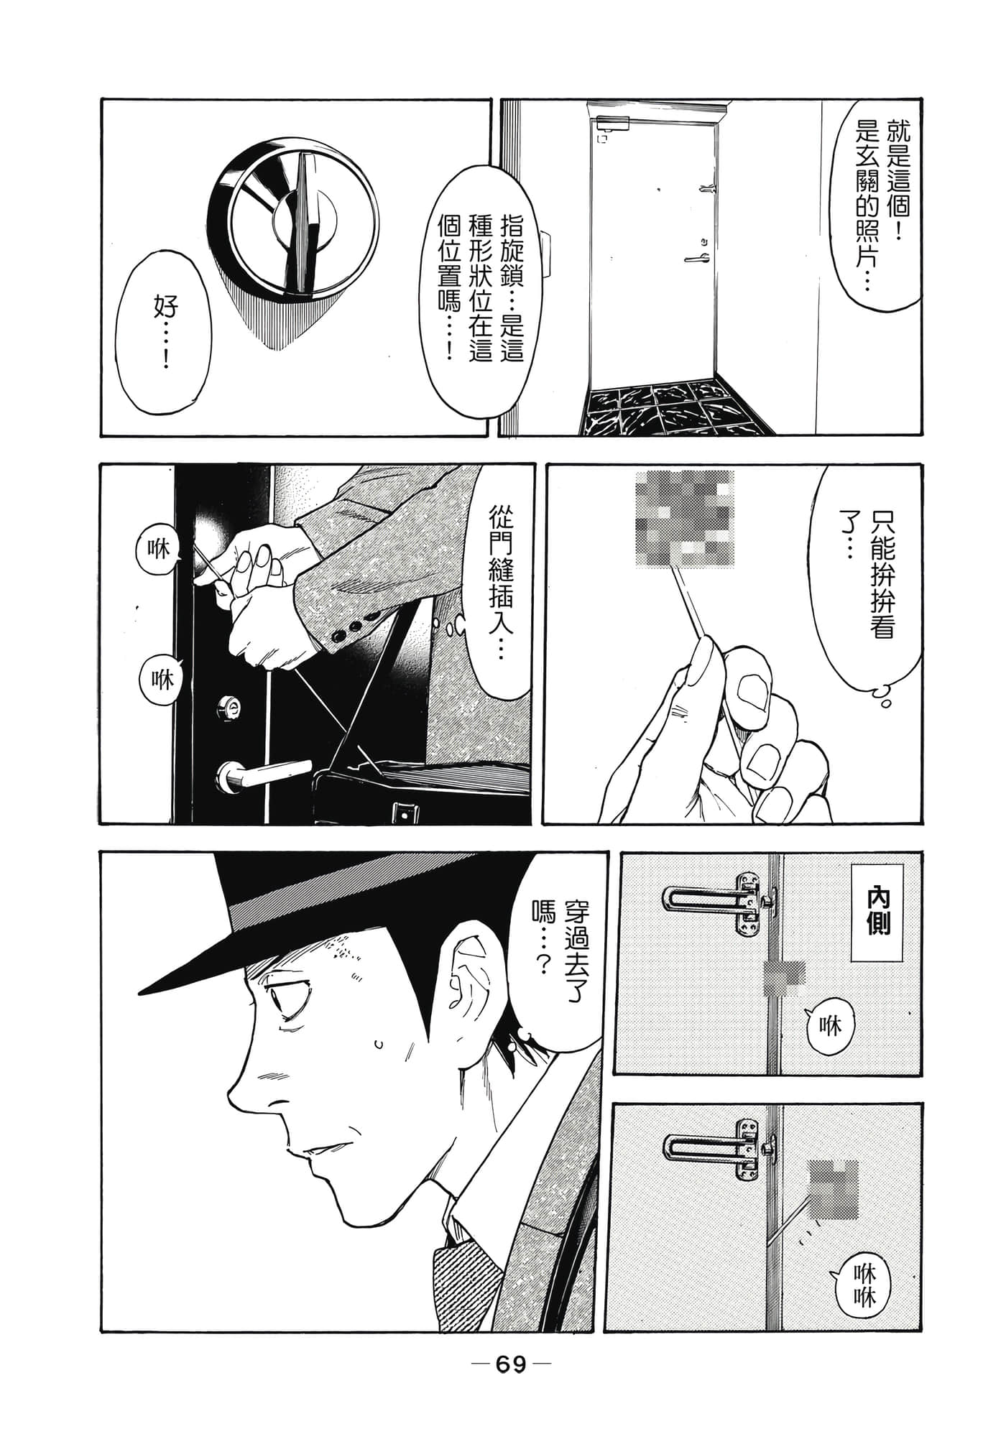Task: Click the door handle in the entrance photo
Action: [698, 256]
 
